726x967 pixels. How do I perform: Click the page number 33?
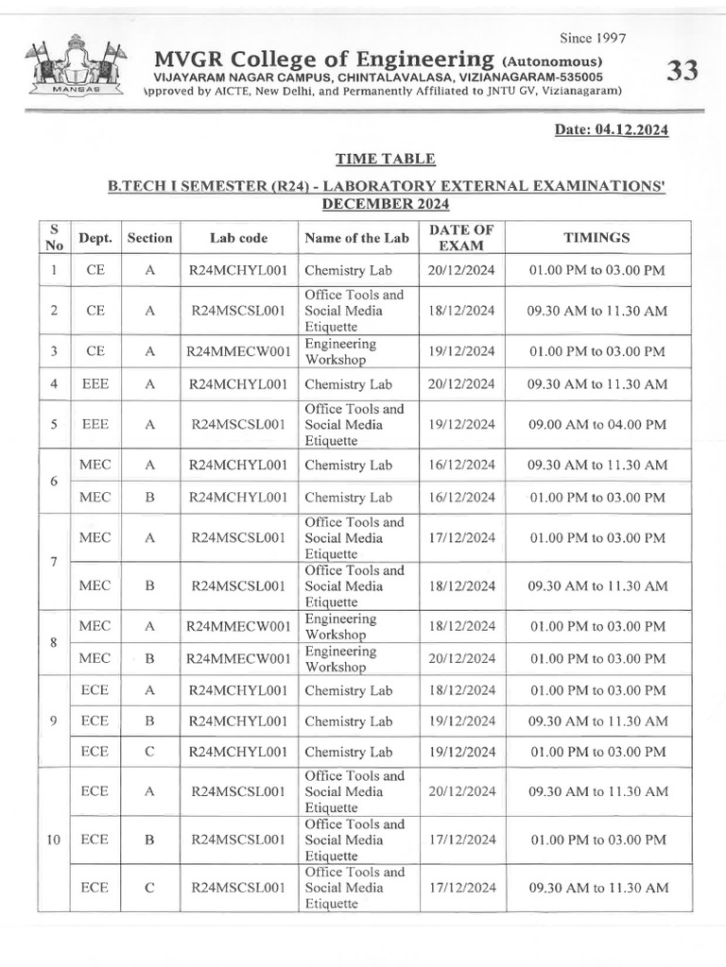pyautogui.click(x=682, y=71)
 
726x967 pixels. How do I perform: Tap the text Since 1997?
pyautogui.click(x=593, y=38)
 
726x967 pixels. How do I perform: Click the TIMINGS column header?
pyautogui.click(x=596, y=238)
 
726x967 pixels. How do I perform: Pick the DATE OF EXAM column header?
pyautogui.click(x=460, y=238)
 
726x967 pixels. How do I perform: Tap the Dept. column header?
pyautogui.click(x=95, y=238)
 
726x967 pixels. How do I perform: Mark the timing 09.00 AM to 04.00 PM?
pyautogui.click(x=596, y=425)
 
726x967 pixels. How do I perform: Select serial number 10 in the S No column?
pyautogui.click(x=55, y=840)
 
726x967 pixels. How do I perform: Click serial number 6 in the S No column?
pyautogui.click(x=55, y=481)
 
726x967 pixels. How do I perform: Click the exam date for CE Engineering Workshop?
pyautogui.click(x=460, y=351)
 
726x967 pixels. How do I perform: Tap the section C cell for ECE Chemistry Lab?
pyautogui.click(x=149, y=753)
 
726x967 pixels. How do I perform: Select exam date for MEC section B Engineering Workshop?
pyautogui.click(x=460, y=658)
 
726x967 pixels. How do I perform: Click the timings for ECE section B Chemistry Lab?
pyautogui.click(x=596, y=721)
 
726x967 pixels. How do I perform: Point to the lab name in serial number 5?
pyautogui.click(x=354, y=425)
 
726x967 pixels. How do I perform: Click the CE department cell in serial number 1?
pyautogui.click(x=95, y=270)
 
